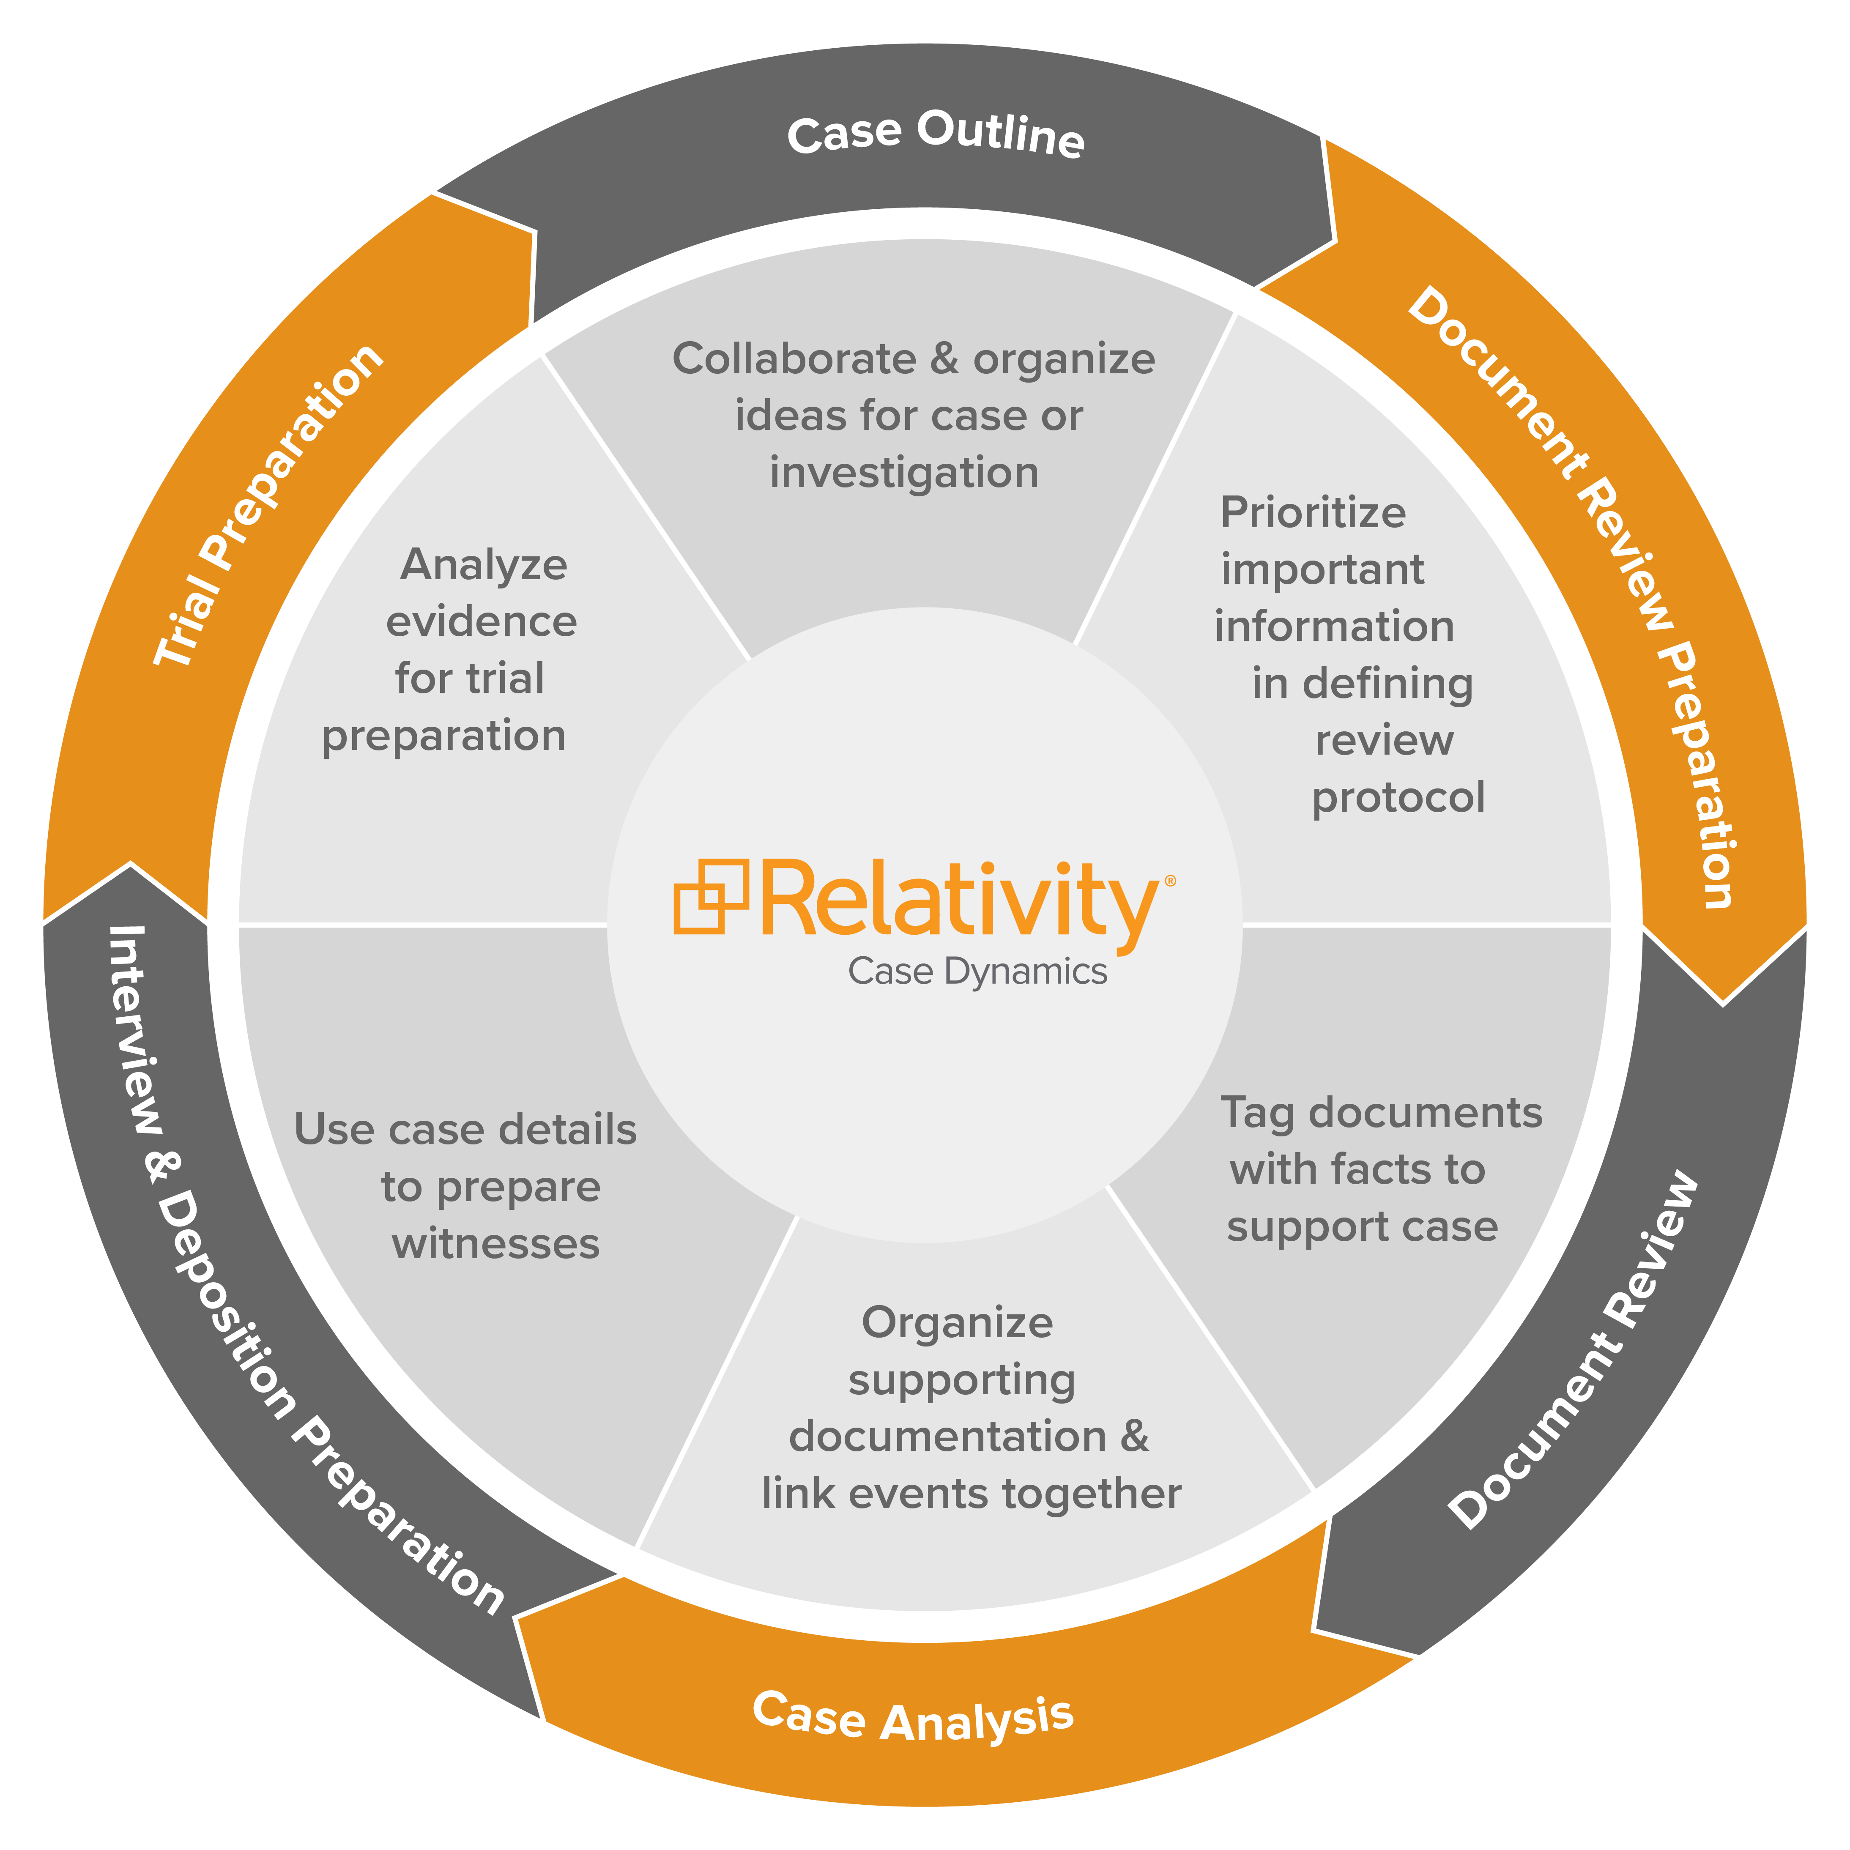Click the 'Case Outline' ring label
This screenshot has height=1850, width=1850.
tap(936, 134)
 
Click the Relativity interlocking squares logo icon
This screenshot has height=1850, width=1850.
tap(711, 895)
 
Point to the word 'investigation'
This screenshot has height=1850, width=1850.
tap(904, 473)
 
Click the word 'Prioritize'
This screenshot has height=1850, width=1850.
tap(1312, 513)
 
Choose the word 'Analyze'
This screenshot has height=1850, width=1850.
tap(484, 565)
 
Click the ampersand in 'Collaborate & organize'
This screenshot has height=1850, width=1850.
tap(944, 359)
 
